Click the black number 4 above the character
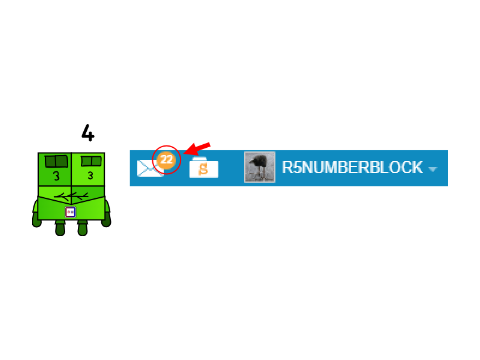(x=88, y=133)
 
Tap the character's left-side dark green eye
(x=56, y=161)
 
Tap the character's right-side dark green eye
(x=91, y=161)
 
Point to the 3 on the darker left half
(x=56, y=176)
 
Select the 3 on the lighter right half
(x=90, y=175)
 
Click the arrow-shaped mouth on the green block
(x=71, y=197)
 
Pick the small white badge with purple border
(x=70, y=212)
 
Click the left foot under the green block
(x=60, y=228)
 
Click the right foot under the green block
(x=82, y=228)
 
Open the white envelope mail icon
(x=150, y=168)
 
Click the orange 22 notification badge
(x=167, y=159)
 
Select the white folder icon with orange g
(x=204, y=168)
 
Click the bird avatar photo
(x=260, y=167)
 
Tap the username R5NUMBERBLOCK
(x=352, y=168)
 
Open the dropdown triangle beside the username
(x=433, y=169)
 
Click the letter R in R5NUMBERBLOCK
(x=287, y=168)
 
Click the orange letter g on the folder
(x=203, y=169)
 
